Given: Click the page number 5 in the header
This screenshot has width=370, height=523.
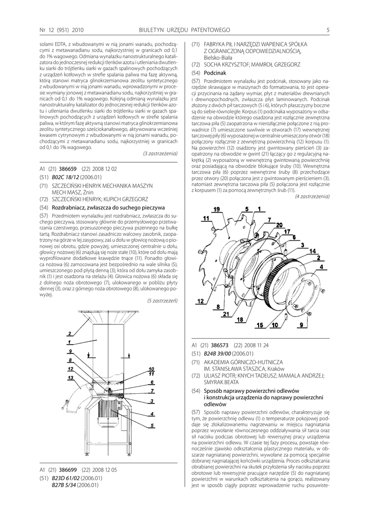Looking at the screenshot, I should click(328, 30).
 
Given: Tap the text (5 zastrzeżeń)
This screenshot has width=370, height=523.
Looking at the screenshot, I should click(162, 301).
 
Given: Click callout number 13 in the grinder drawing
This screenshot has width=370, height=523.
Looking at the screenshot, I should click(70, 377).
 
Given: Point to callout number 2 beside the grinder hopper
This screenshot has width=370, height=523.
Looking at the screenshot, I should click(68, 333).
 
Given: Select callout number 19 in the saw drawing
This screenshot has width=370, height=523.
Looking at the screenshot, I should click(217, 209).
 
